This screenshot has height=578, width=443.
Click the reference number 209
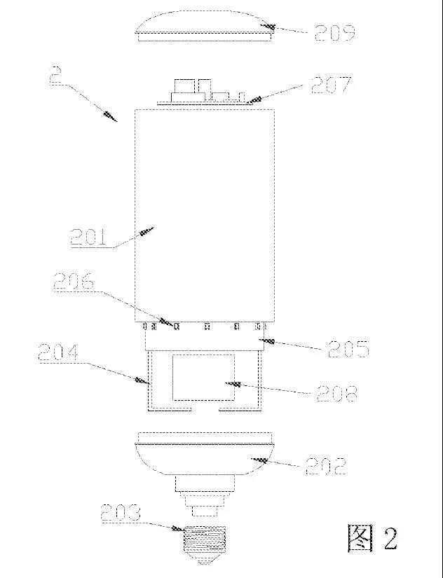click(x=334, y=32)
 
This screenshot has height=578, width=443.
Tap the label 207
click(x=331, y=85)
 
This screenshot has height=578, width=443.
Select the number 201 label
click(x=88, y=237)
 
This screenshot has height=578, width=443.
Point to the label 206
click(x=74, y=281)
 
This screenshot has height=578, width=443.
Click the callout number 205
click(x=348, y=349)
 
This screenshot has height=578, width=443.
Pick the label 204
click(x=58, y=352)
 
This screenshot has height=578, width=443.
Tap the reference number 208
click(x=336, y=394)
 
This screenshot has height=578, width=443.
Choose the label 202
click(x=326, y=467)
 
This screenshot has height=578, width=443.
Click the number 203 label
click(x=121, y=513)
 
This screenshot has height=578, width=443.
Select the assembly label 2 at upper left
click(x=55, y=75)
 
